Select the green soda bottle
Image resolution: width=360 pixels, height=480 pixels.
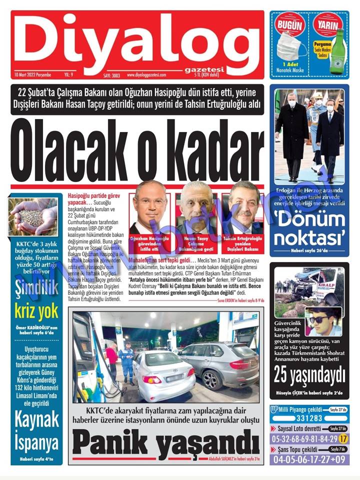pyautogui.click(x=340, y=49)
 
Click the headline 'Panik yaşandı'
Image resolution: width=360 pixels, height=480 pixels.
pyautogui.click(x=165, y=442)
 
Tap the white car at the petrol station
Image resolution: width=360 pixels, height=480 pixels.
pyautogui.click(x=163, y=372)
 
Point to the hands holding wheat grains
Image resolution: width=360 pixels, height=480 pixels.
pyautogui.click(x=34, y=215)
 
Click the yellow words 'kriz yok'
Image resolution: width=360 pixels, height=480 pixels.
pyautogui.click(x=36, y=311)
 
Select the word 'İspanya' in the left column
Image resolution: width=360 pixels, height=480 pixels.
pyautogui.click(x=36, y=442)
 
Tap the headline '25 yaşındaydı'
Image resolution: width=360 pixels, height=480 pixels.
pyautogui.click(x=309, y=374)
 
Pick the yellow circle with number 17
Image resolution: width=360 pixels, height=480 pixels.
pyautogui.click(x=343, y=438)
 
